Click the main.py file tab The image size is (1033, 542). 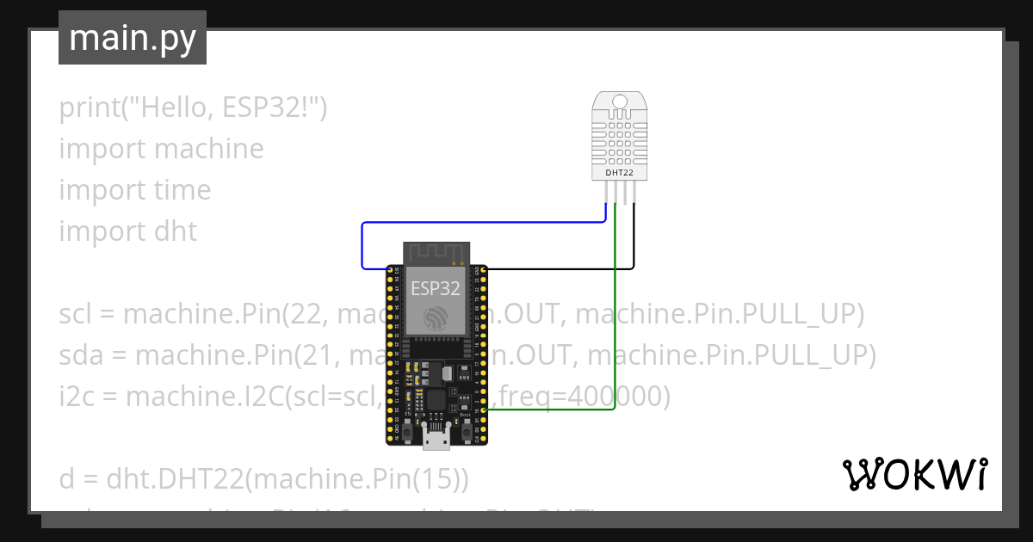pos(132,38)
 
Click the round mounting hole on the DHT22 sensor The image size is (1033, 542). pos(619,103)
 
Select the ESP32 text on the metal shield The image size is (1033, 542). pos(436,288)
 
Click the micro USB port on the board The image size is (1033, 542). pos(436,440)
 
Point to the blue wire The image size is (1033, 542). pos(482,223)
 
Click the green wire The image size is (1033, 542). pos(615,344)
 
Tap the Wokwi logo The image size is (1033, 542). pos(913,474)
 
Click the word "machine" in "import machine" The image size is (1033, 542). pos(209,149)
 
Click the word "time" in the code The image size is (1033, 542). pos(182,190)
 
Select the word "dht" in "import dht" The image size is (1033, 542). pos(176,231)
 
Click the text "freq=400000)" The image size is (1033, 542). pos(585,397)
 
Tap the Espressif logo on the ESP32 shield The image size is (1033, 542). pos(436,317)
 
